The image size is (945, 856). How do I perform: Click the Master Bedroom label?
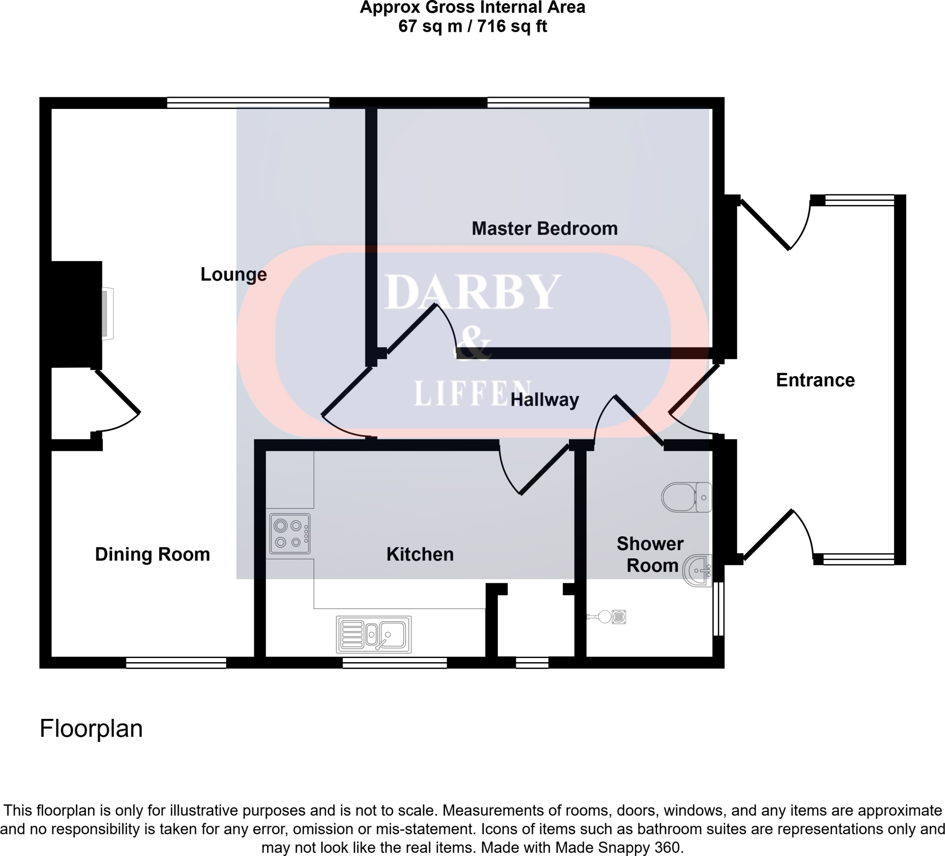coord(544,229)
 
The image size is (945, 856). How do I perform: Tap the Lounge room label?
coord(233,274)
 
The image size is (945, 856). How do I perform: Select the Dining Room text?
coord(152,554)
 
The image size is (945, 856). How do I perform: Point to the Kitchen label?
coord(420,554)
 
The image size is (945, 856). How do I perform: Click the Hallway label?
coord(544,400)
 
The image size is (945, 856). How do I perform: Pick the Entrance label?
coord(815,380)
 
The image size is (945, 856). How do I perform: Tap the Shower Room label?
coord(651,555)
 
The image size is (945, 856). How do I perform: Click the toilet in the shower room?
coord(686,497)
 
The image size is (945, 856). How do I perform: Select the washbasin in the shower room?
coord(698,570)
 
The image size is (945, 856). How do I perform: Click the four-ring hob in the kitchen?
coord(290,534)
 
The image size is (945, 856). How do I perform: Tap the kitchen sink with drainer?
coord(374,634)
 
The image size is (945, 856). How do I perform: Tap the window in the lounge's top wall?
coord(248,102)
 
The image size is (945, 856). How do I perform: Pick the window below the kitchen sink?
coord(394,662)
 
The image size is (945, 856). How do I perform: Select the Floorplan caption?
coord(91,729)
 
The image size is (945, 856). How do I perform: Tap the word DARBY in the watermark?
coord(472,293)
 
